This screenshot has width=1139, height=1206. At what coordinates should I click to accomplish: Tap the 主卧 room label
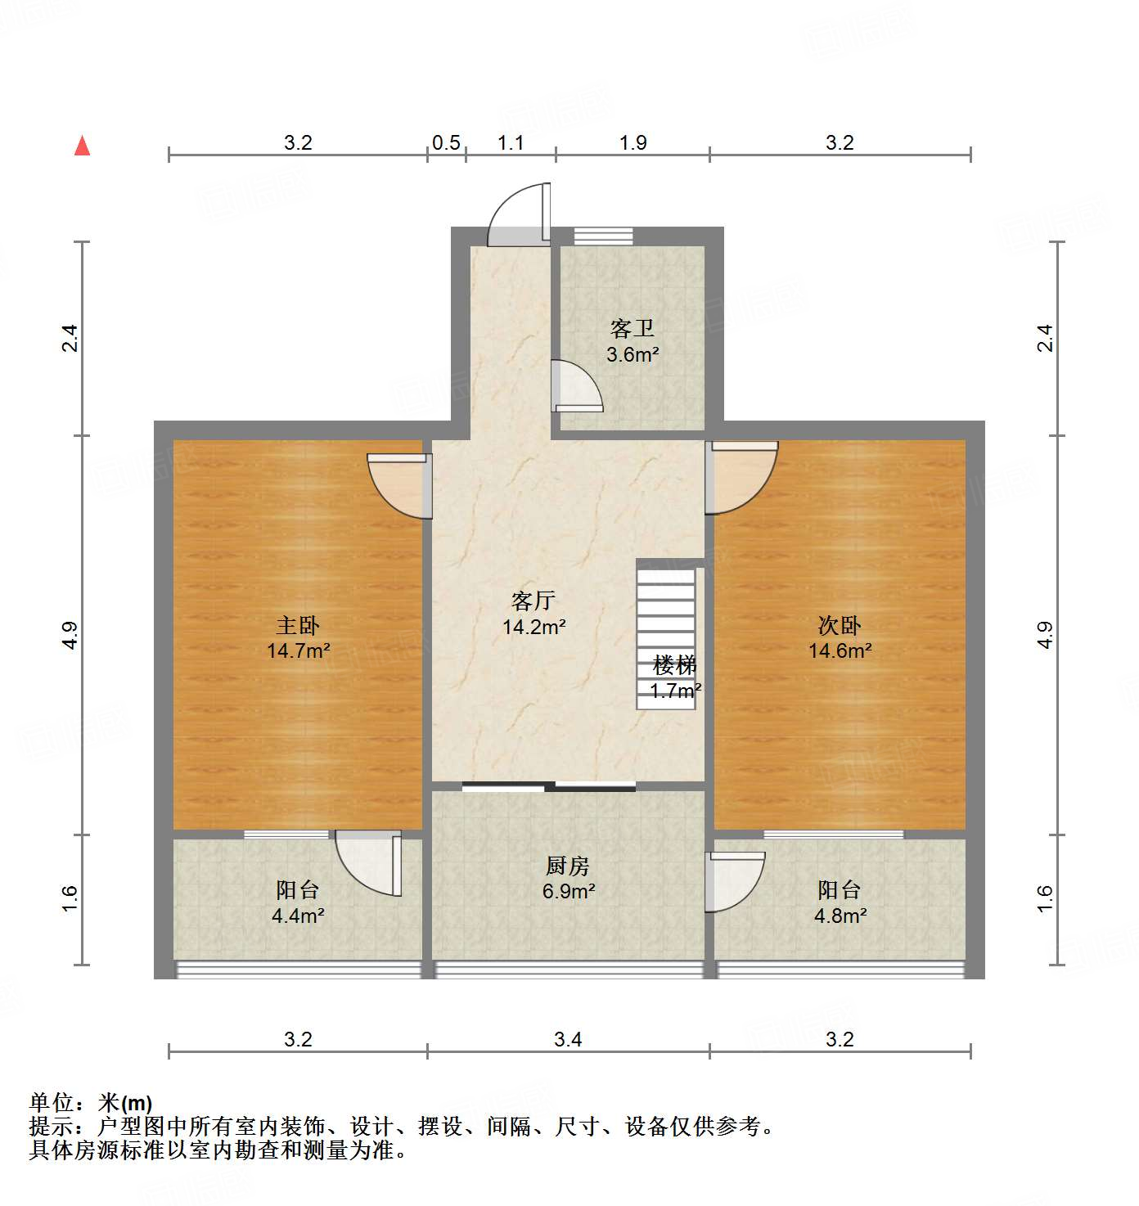[x=298, y=626]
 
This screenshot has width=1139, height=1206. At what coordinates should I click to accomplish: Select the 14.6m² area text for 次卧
[x=840, y=651]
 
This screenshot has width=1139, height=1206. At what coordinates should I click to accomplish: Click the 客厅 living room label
[x=533, y=601]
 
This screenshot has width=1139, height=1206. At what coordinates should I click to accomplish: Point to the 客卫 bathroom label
[x=633, y=329]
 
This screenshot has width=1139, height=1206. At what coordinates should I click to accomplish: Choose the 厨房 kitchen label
[x=568, y=866]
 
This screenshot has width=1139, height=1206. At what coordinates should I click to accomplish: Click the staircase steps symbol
[x=666, y=622]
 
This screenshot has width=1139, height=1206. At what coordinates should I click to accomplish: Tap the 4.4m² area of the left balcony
[x=298, y=916]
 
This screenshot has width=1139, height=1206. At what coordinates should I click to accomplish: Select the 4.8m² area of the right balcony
[x=840, y=916]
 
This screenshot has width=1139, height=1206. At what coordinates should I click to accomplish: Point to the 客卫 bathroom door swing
[x=576, y=386]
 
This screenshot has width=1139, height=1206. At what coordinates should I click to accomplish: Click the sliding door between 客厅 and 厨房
[x=549, y=787]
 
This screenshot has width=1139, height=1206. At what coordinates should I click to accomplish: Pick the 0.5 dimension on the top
[x=446, y=143]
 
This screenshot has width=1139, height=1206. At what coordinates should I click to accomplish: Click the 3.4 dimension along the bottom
[x=568, y=1039]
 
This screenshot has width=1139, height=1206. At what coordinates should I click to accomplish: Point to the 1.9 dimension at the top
[x=633, y=143]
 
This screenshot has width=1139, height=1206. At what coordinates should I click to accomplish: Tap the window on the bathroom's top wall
[x=603, y=236]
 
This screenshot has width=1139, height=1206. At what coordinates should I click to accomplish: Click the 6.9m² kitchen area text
[x=568, y=891]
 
